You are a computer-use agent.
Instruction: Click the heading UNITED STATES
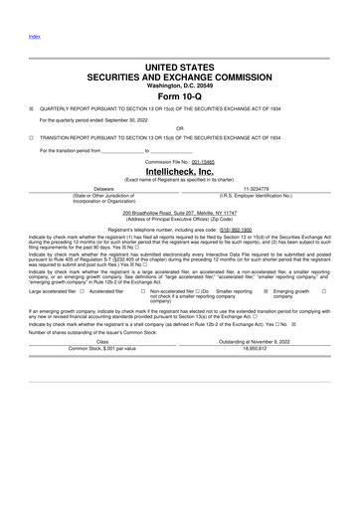click(179, 65)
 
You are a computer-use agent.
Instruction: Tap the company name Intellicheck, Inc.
click(179, 170)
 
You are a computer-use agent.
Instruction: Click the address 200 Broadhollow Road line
click(179, 212)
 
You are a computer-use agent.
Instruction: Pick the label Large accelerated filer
click(56, 291)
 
